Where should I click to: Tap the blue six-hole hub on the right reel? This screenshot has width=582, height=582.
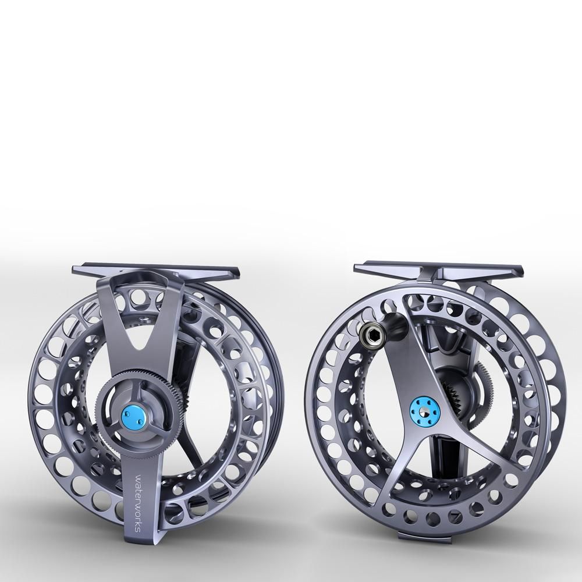[424, 409]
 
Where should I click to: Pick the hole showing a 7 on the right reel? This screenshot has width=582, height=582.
[453, 516]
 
